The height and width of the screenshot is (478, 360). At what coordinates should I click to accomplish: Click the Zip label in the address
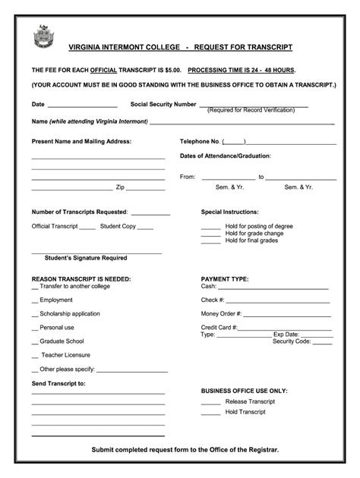(120, 187)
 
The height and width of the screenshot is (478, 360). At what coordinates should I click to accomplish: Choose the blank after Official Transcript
(87, 227)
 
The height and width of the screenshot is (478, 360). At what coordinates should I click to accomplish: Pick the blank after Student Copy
(146, 227)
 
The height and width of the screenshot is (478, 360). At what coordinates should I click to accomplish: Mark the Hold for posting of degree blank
(210, 228)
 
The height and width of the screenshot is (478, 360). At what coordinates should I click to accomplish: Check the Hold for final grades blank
(210, 241)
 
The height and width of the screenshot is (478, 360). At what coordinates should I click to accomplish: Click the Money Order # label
(221, 313)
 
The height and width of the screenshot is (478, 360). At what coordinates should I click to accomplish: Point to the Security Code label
(292, 341)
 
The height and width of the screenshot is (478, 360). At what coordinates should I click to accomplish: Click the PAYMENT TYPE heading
(224, 278)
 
